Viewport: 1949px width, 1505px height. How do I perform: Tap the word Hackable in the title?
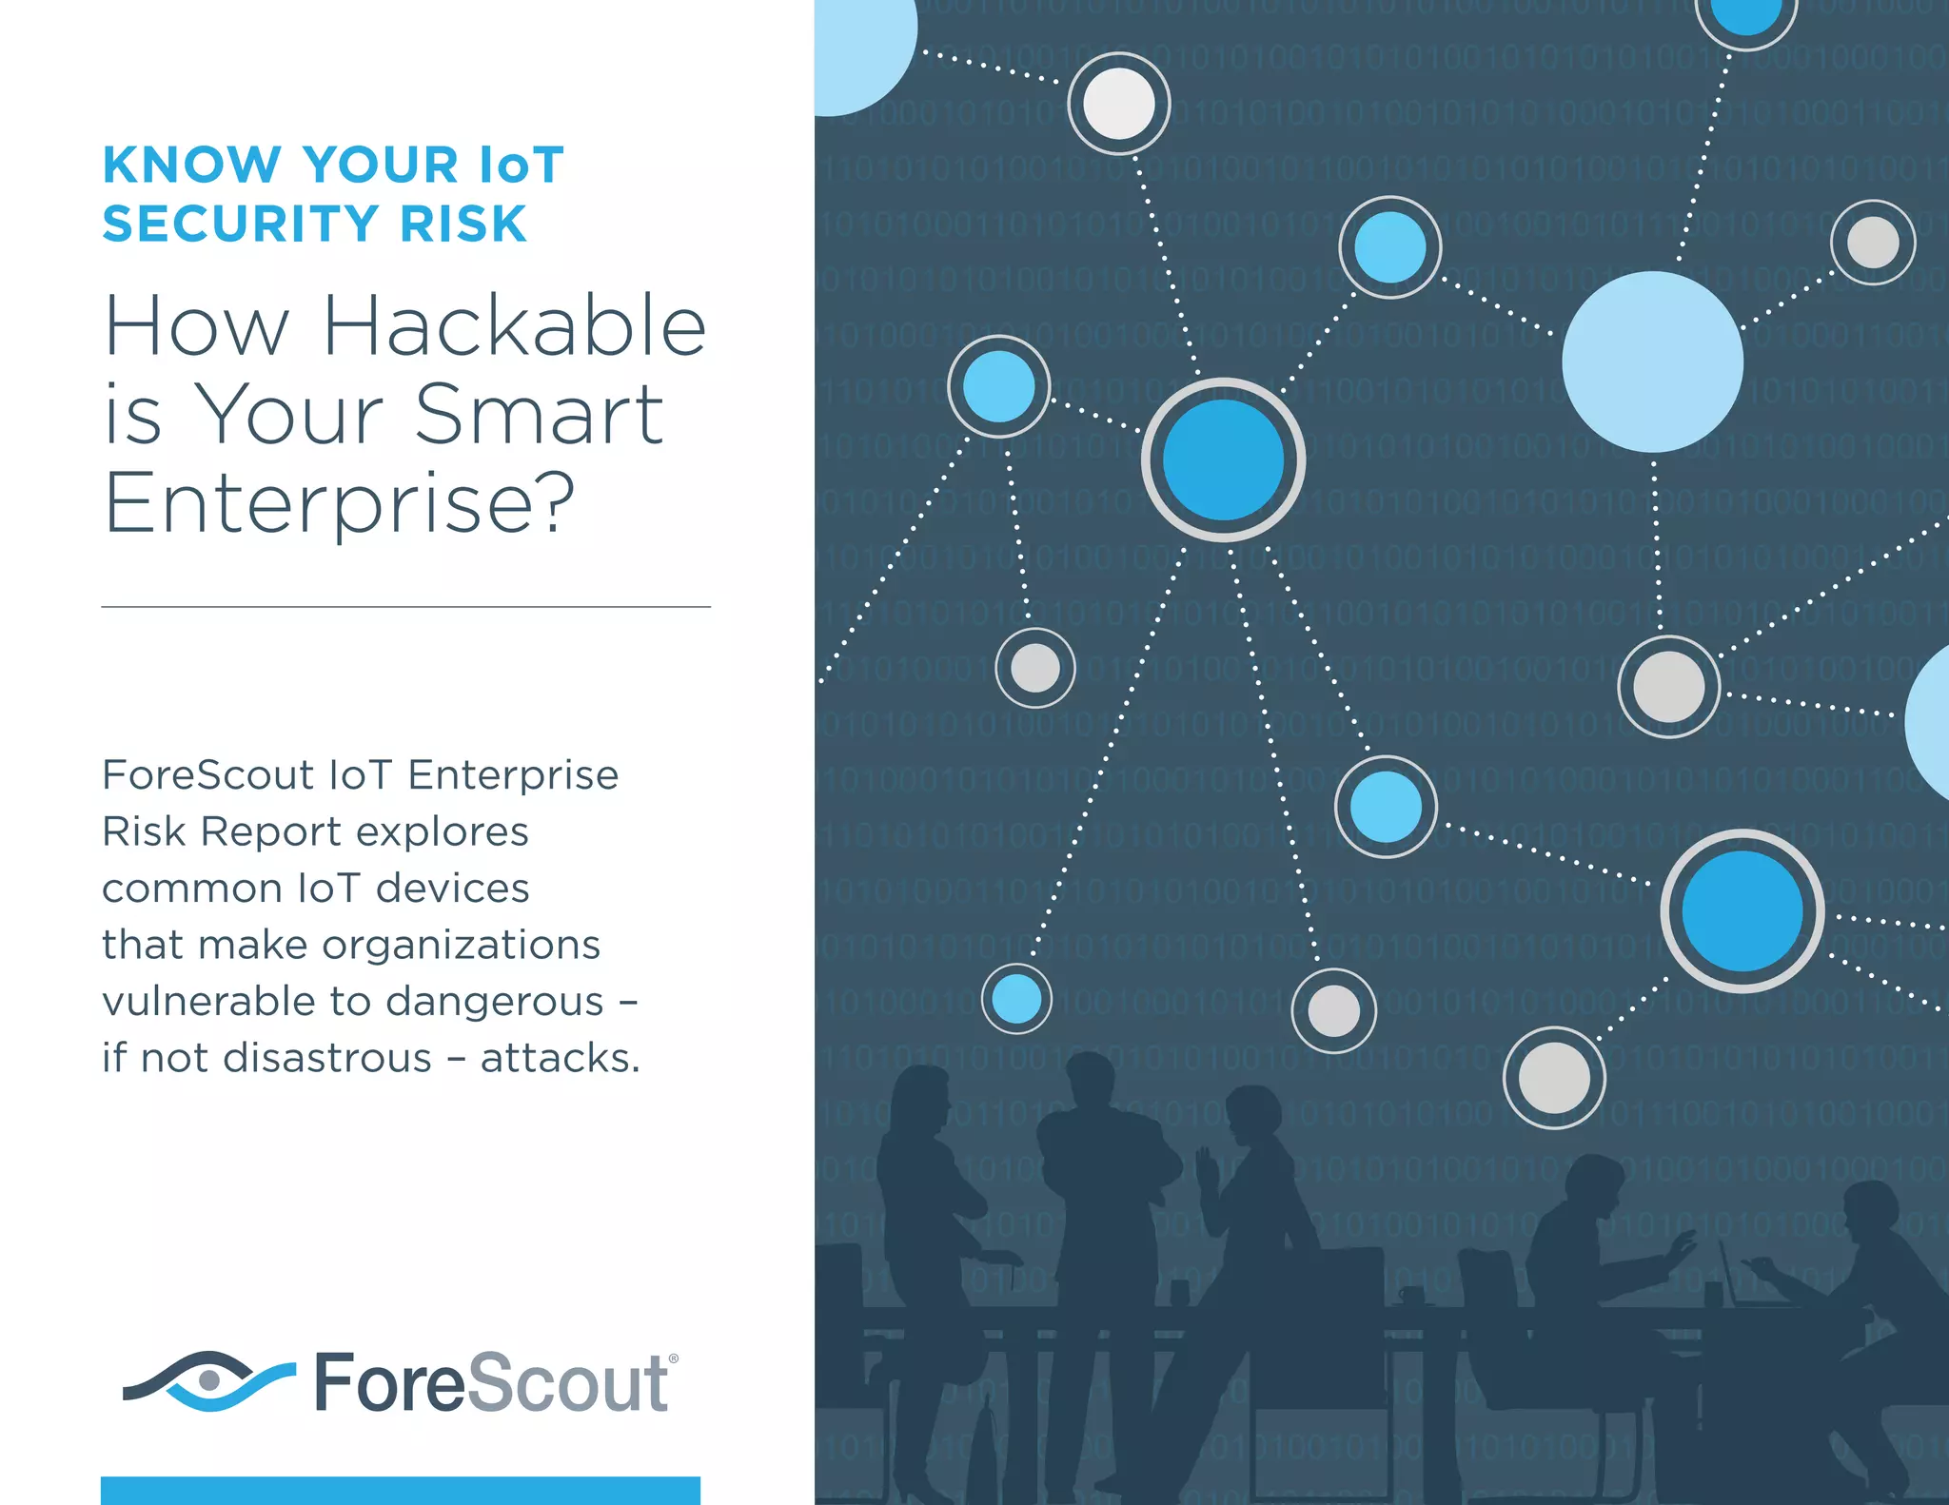[515, 326]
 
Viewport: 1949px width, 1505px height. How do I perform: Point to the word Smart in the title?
[539, 415]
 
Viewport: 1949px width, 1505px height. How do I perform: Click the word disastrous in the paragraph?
[286, 1058]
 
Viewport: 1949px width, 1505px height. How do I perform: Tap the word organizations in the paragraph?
[462, 946]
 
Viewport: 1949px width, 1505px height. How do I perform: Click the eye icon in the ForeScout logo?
[209, 1379]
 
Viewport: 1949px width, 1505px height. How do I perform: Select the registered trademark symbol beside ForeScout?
[674, 1359]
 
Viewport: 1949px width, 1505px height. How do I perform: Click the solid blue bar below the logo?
[400, 1490]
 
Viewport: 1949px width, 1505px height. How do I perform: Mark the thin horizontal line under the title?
[405, 607]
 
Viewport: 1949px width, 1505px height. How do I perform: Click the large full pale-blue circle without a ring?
[1653, 362]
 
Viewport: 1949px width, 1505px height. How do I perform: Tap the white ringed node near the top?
[1119, 104]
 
